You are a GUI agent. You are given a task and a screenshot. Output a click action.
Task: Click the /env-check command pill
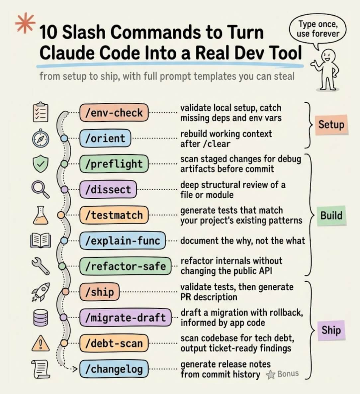point(114,113)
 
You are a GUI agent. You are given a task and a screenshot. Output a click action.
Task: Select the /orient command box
point(105,138)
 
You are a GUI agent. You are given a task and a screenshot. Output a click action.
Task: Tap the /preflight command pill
point(114,164)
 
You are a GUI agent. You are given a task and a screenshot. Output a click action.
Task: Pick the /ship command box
point(99,292)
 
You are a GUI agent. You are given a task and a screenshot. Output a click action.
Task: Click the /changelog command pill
point(114,369)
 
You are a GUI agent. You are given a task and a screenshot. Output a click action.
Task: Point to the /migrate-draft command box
point(125,317)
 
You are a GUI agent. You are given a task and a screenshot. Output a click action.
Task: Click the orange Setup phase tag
point(331,125)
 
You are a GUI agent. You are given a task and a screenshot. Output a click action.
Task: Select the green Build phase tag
point(331,215)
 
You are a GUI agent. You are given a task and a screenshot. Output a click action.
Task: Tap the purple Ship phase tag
point(331,330)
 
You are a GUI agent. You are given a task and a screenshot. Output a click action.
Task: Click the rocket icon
point(41,292)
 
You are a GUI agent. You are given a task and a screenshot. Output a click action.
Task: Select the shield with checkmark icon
point(41,164)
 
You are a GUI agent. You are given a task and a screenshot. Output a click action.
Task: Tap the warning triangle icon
point(41,343)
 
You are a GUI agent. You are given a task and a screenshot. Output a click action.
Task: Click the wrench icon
point(41,266)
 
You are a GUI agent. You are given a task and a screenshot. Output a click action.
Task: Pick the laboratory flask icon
point(41,215)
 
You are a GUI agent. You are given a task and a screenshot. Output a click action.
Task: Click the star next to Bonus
point(271,375)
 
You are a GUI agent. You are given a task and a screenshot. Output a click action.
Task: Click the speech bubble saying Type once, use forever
point(318,29)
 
